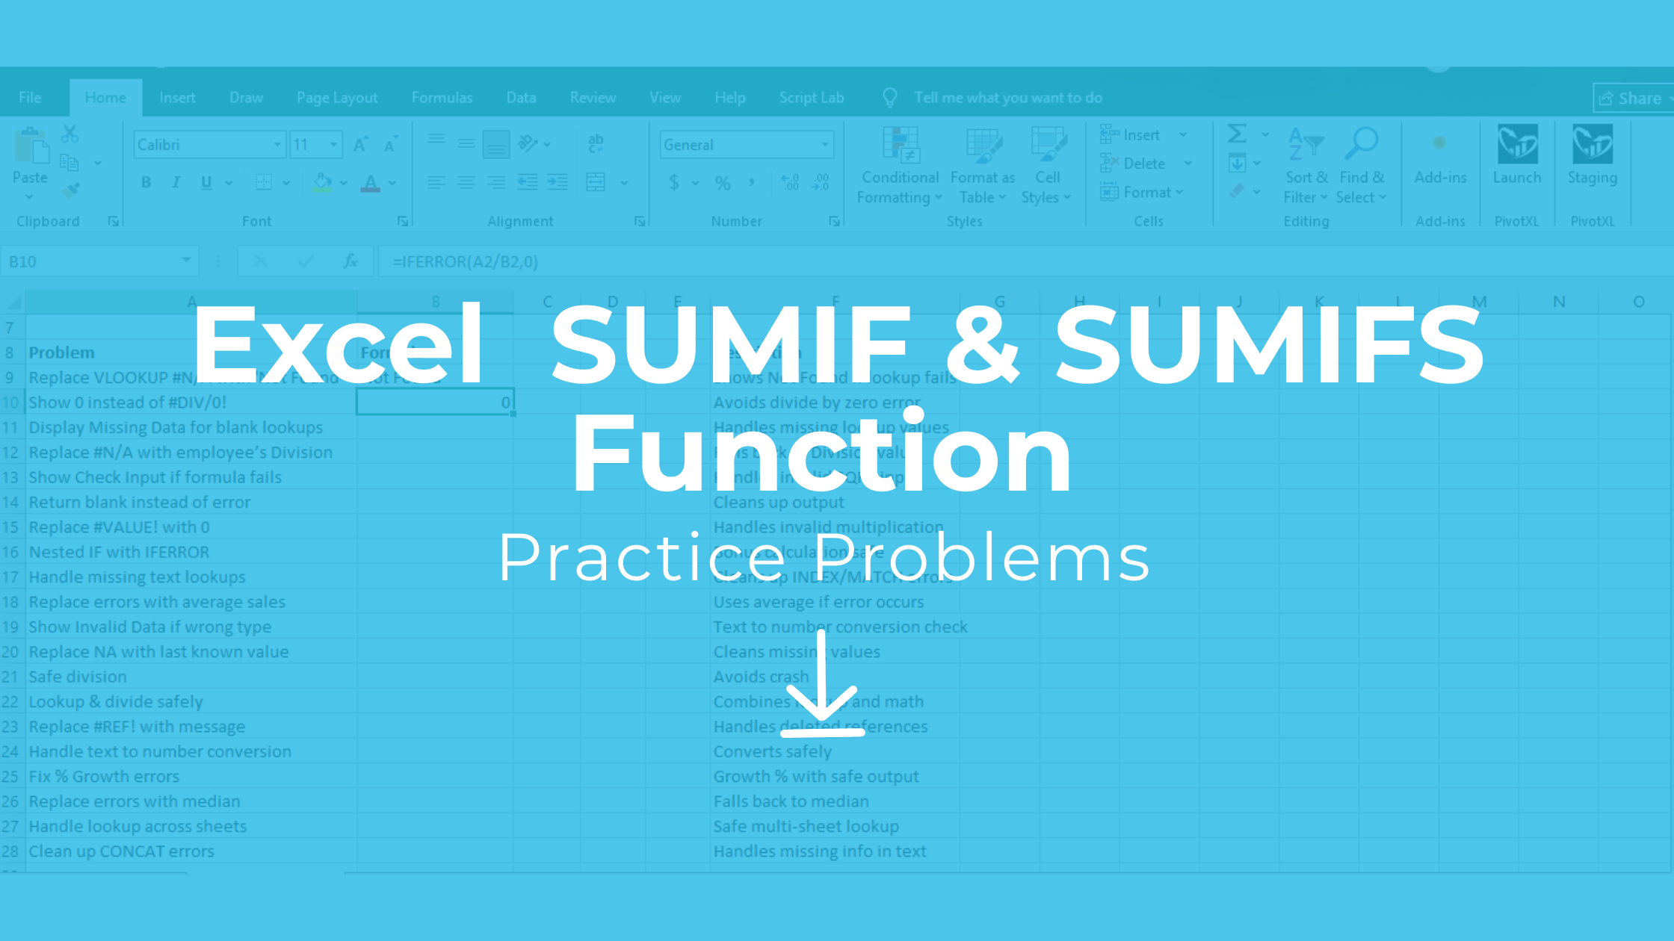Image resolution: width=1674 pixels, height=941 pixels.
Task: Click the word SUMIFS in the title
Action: pyautogui.click(x=1268, y=344)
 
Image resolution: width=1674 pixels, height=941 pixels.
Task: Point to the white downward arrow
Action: pyautogui.click(x=822, y=683)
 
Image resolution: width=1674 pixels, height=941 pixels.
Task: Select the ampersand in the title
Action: pyautogui.click(x=982, y=344)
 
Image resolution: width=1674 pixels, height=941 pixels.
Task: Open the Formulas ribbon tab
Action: pyautogui.click(x=442, y=98)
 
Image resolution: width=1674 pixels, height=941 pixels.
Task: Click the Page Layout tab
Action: pyautogui.click(x=337, y=98)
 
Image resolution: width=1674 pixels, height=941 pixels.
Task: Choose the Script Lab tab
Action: pyautogui.click(x=811, y=98)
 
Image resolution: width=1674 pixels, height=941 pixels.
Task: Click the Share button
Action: pyautogui.click(x=1632, y=99)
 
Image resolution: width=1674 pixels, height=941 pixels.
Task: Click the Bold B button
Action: pyautogui.click(x=146, y=182)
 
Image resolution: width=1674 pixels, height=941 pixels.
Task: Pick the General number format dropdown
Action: pyautogui.click(x=746, y=145)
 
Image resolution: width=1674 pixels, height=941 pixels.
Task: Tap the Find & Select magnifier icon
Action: pyautogui.click(x=1362, y=143)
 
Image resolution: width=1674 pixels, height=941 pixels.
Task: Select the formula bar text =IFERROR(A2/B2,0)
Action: pyautogui.click(x=466, y=261)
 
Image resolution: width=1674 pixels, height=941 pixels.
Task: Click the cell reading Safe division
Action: pyautogui.click(x=78, y=677)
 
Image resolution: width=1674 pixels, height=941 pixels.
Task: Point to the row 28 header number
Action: pyautogui.click(x=10, y=851)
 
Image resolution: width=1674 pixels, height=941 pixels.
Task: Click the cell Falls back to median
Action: pyautogui.click(x=791, y=801)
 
